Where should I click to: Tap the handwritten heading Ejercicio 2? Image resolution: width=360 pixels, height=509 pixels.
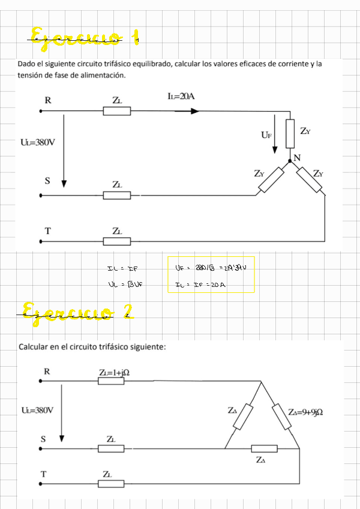point(76,310)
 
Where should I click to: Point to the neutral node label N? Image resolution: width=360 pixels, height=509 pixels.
point(296,157)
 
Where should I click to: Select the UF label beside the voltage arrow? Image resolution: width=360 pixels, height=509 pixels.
point(266,135)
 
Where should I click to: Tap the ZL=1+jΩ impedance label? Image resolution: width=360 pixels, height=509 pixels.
point(114,373)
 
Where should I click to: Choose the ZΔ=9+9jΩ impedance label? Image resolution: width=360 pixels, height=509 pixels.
point(307,412)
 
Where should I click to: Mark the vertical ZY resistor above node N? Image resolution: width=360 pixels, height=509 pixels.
point(290,134)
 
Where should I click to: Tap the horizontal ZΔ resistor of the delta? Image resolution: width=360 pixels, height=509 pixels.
point(264,448)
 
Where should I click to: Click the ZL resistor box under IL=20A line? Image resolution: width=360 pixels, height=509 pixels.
point(117,111)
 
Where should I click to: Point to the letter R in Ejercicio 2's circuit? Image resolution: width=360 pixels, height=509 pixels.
point(47,372)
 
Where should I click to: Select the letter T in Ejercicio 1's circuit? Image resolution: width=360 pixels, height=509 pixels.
point(47,230)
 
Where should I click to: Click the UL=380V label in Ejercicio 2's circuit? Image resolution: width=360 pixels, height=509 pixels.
point(37,411)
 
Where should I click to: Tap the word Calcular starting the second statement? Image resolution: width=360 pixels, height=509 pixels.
point(34,347)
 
